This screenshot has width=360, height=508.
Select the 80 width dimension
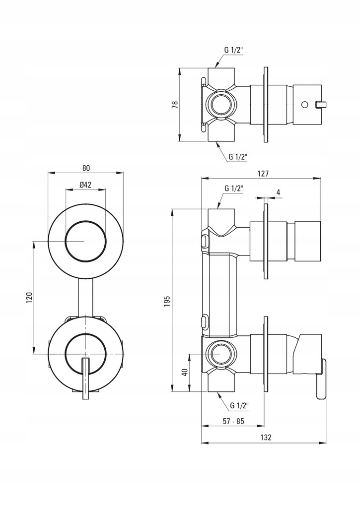coord(85,168)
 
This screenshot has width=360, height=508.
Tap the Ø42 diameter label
coord(85,185)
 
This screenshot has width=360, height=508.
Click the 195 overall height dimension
coord(167,301)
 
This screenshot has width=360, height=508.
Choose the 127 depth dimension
coord(263,174)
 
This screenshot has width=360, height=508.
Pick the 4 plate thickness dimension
coord(278,192)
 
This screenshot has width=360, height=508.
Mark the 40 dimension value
coord(185,372)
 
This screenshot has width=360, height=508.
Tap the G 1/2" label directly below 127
coord(233,189)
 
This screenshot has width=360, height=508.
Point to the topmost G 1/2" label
coord(233,50)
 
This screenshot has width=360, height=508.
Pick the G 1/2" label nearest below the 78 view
coord(238,157)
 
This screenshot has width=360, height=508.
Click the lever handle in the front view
coord(85,377)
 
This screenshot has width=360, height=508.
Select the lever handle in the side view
coord(321,380)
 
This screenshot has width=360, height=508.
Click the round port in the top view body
coord(219,105)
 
